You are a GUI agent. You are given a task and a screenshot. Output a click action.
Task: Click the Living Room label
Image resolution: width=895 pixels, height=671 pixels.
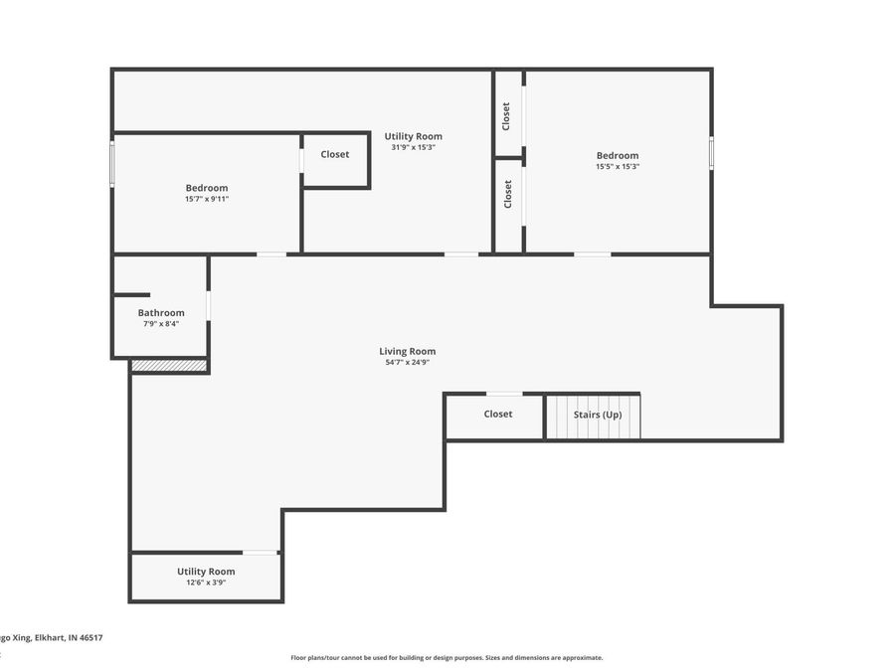click(407, 351)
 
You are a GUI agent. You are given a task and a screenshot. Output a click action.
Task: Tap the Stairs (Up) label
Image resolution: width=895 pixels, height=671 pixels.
click(598, 415)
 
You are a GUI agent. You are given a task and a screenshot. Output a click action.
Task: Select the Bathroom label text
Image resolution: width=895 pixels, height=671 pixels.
click(161, 312)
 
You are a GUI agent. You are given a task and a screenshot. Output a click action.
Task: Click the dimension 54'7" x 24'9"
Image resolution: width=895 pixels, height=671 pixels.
click(407, 363)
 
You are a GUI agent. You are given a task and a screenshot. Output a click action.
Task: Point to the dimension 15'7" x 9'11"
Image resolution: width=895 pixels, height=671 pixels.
click(207, 199)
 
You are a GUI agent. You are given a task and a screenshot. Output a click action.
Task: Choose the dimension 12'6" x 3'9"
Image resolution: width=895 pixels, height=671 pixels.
click(206, 583)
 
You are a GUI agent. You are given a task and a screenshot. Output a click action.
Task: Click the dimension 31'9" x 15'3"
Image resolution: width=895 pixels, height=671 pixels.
click(413, 147)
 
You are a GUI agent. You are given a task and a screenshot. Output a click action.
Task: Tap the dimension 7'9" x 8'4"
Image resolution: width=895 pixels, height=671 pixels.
click(161, 324)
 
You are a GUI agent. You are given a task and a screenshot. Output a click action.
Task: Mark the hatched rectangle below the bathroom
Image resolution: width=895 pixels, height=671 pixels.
click(169, 366)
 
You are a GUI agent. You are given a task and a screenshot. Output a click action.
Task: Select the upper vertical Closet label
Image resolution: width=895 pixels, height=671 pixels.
click(507, 115)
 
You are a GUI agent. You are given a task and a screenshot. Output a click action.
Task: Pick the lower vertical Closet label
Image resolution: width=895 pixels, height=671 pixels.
click(508, 193)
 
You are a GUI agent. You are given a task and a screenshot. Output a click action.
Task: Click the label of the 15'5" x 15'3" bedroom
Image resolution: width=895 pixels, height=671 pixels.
click(618, 155)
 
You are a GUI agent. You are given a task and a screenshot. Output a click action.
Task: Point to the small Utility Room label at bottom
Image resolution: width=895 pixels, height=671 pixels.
click(206, 571)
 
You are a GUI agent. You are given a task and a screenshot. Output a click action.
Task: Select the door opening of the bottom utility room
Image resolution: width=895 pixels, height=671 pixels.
click(261, 552)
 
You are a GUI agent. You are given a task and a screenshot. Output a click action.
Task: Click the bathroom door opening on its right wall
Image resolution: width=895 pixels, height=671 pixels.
click(208, 305)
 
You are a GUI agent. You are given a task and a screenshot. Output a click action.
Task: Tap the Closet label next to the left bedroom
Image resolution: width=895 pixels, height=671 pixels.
click(335, 154)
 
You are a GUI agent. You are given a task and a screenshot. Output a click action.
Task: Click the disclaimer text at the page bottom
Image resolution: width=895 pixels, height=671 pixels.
click(447, 657)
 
